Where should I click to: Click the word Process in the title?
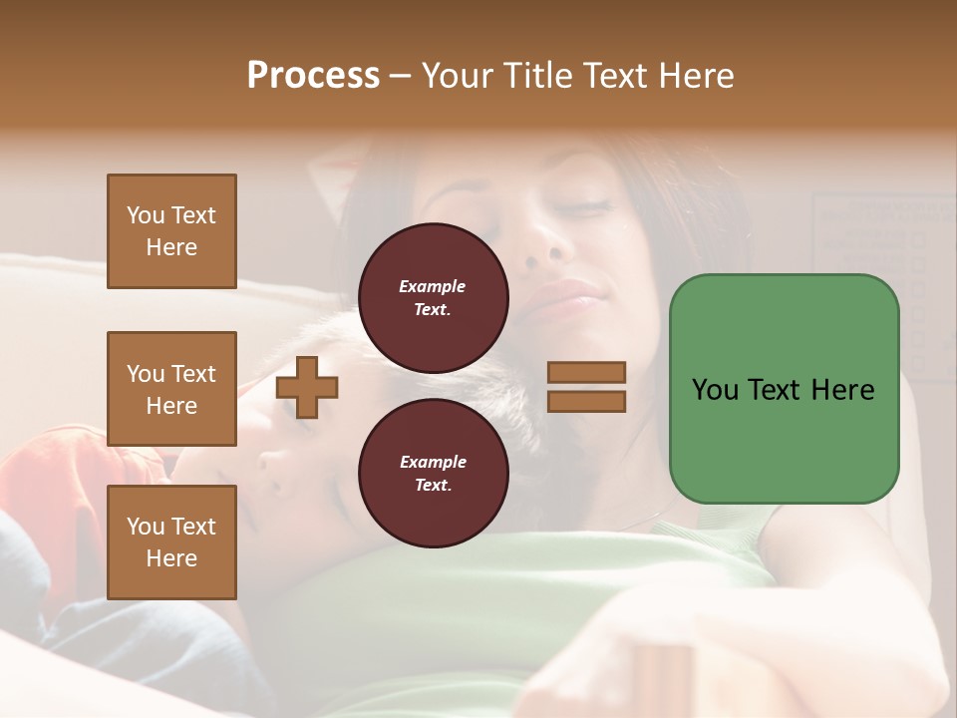pyautogui.click(x=313, y=76)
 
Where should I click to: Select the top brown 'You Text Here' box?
pyautogui.click(x=171, y=231)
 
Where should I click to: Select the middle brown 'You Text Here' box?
pyautogui.click(x=171, y=389)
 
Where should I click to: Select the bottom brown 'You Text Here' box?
pyautogui.click(x=171, y=541)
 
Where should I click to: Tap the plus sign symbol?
pyautogui.click(x=307, y=387)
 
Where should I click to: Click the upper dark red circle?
pyautogui.click(x=433, y=298)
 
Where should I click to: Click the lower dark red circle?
pyautogui.click(x=433, y=474)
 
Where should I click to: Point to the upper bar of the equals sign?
pyautogui.click(x=587, y=372)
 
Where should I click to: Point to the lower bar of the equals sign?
pyautogui.click(x=587, y=401)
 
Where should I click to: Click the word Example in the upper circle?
pyautogui.click(x=433, y=286)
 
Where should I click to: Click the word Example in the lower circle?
pyautogui.click(x=433, y=462)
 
